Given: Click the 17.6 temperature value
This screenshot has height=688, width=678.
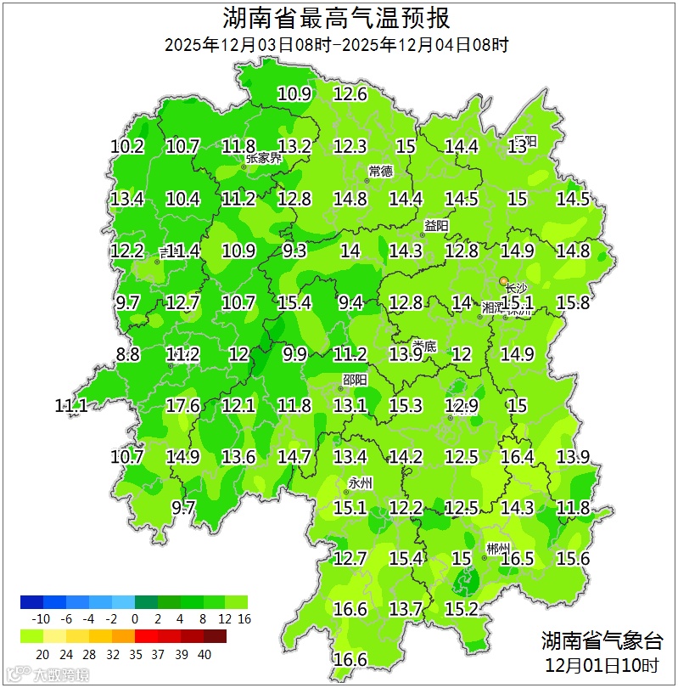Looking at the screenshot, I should coord(182,406).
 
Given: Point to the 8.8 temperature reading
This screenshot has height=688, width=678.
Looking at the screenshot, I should coord(127,355).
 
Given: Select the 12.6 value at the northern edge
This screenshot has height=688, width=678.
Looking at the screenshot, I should coord(350,94).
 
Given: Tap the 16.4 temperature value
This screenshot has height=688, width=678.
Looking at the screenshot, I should coord(517,458).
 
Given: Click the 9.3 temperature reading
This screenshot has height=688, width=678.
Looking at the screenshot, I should coord(294,251).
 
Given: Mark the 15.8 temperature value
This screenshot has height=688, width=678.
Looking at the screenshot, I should coord(573,302).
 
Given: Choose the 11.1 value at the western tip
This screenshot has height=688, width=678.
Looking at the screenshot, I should coord(71,406).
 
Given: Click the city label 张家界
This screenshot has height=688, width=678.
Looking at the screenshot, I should coord(264,158).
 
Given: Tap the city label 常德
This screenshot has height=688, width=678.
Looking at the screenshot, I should coord(381,172).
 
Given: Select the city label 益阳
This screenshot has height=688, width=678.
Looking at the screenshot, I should coord(436,226).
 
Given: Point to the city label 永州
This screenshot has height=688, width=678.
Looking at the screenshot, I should coord(361,483).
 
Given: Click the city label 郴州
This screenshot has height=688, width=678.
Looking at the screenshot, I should coord(499,548).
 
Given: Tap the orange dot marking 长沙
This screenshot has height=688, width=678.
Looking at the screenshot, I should coord(504,279).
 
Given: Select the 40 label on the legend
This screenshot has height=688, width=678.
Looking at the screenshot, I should coord(205,654).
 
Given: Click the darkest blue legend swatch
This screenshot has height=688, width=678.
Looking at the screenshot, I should coord(31,602).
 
